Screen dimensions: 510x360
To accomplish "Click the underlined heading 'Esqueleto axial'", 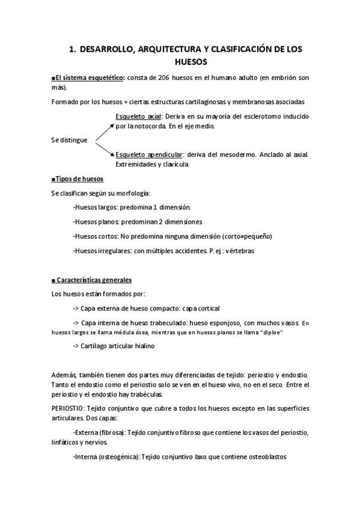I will (137, 117).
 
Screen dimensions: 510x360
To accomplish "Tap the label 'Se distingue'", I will (69, 140).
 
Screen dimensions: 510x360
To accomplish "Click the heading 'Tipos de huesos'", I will (80, 179).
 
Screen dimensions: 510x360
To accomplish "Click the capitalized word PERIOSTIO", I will (70, 408).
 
